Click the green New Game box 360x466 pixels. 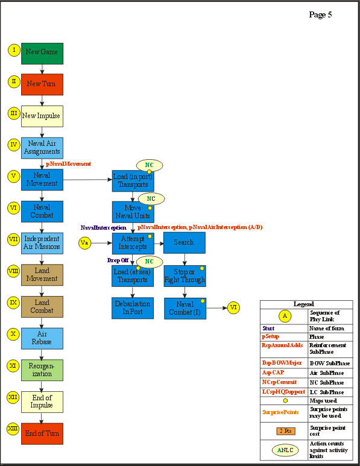pos(42,53)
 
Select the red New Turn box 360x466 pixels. pos(42,84)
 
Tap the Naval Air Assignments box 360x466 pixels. pos(42,148)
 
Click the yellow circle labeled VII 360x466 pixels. pos(13,239)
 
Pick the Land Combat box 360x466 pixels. pos(42,306)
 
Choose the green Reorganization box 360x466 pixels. pos(42,370)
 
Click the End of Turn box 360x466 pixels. pos(42,433)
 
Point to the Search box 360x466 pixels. pos(185,242)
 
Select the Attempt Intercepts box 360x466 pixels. pos(133,242)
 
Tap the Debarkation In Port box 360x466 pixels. pos(133,307)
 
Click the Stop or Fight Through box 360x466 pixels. pos(185,275)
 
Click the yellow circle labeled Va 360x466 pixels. pos(86,243)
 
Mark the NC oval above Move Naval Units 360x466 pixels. pos(151,198)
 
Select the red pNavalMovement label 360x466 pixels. pos(68,164)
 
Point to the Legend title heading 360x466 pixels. pos(303,304)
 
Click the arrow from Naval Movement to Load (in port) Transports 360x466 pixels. pos(87,180)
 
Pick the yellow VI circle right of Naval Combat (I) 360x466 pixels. pos(233,307)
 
